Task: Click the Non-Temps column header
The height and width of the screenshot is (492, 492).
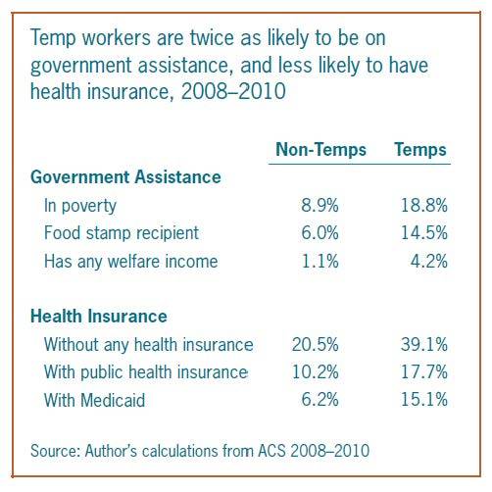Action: click(x=320, y=150)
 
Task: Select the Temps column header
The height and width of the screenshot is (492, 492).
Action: click(x=420, y=150)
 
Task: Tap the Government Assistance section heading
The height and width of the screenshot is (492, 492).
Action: click(x=125, y=177)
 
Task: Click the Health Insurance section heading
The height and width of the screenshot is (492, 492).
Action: click(x=99, y=317)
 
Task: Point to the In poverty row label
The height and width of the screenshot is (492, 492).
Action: click(x=80, y=206)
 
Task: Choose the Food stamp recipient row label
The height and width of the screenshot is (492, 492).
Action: click(x=122, y=233)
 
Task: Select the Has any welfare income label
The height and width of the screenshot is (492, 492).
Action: click(x=130, y=262)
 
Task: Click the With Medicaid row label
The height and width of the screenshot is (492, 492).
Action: click(x=94, y=400)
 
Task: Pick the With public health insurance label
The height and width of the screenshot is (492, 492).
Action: click(x=146, y=372)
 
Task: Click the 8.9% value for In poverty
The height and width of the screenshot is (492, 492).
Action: click(x=320, y=206)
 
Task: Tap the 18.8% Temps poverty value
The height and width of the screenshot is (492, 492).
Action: click(x=424, y=206)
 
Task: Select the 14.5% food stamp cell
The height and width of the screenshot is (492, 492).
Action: click(x=424, y=233)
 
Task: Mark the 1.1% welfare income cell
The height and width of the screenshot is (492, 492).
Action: click(x=320, y=262)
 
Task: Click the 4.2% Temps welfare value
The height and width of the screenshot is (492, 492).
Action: click(x=428, y=262)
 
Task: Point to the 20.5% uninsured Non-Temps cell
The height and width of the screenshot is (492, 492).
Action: click(x=316, y=344)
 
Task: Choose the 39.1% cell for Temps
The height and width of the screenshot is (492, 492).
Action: click(x=424, y=344)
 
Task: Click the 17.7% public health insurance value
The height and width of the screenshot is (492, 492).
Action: click(x=424, y=372)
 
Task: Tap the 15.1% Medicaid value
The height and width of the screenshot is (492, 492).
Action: click(x=424, y=400)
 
